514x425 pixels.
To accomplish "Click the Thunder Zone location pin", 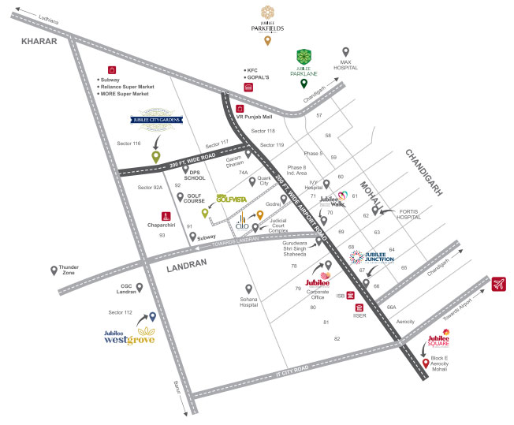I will [54, 270].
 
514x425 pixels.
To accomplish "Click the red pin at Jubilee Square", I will [426, 363].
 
